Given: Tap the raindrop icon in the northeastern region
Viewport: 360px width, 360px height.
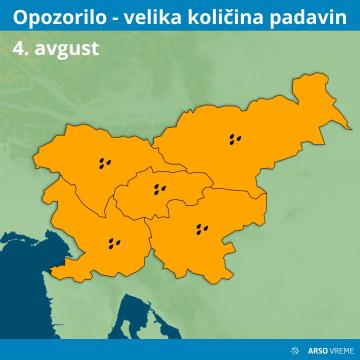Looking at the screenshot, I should coord(236,140).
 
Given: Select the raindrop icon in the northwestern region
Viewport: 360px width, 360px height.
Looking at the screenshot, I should coord(105,161).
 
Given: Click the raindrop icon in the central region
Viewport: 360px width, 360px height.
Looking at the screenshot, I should coord(158,188).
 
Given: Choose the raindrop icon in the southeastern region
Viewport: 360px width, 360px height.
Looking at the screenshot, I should coord(204,229).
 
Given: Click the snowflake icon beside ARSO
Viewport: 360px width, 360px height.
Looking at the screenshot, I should coord(293,349).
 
